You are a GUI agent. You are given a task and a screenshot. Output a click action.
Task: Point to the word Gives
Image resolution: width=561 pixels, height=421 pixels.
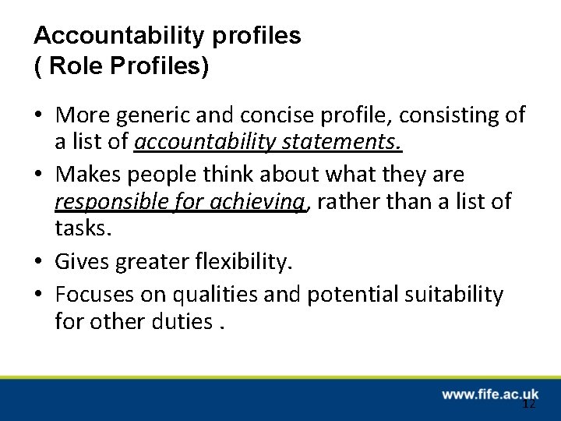point(83,263)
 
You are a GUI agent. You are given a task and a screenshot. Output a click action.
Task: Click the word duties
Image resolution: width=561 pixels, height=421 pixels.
point(180,321)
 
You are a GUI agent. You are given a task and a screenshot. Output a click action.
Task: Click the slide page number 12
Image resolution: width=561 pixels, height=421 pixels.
point(529,405)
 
